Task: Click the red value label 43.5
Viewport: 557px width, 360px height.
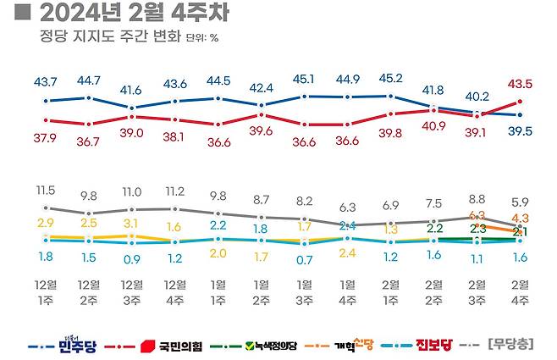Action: (x=520, y=84)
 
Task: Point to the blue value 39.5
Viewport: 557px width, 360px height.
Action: (x=520, y=130)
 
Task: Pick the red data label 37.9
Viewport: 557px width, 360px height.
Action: (x=46, y=138)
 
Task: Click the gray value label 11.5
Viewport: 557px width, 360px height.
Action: (x=46, y=191)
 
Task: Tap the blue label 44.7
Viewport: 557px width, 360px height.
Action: (x=89, y=81)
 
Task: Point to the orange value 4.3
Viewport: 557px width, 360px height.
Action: (x=520, y=218)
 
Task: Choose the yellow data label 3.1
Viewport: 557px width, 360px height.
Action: (x=132, y=223)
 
